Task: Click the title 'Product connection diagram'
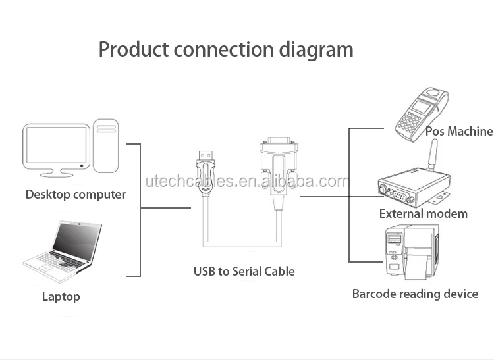click(225, 50)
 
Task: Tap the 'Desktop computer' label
click(75, 195)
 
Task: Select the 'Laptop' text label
click(61, 297)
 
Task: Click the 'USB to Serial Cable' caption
click(244, 271)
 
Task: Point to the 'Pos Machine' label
click(458, 132)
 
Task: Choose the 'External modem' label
click(423, 214)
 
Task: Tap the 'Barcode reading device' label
click(415, 294)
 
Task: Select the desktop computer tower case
click(105, 146)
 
